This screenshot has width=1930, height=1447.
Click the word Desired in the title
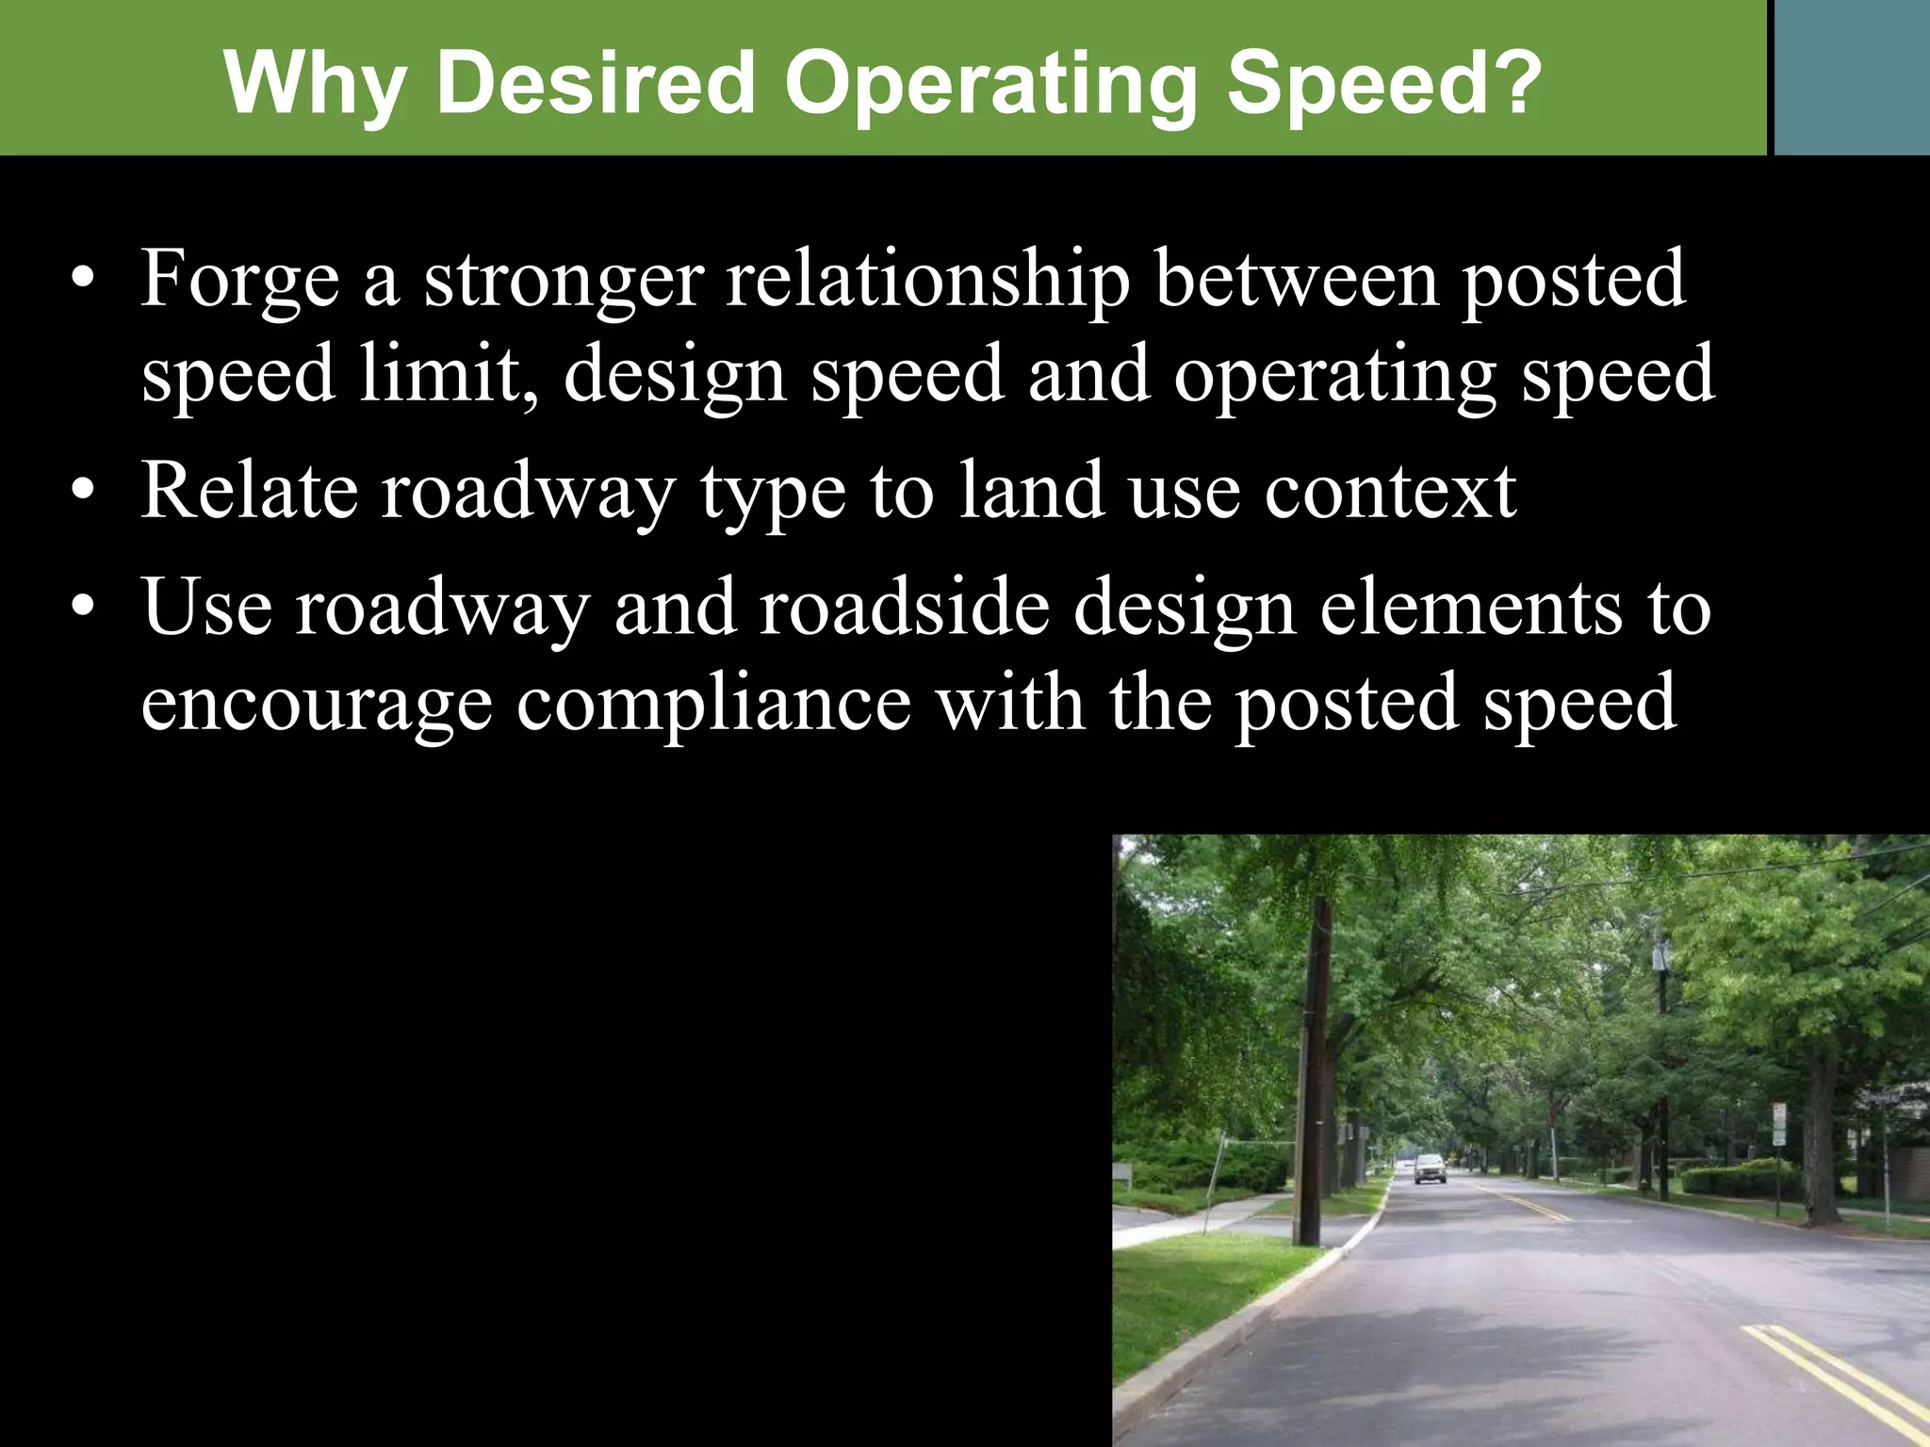(x=596, y=82)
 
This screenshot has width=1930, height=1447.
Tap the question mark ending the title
(x=1509, y=82)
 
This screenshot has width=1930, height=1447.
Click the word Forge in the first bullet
(x=239, y=281)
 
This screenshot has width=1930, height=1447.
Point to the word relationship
(x=927, y=281)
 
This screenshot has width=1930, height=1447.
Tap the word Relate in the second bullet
(x=249, y=491)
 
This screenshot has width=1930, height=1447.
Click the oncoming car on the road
(x=1430, y=1168)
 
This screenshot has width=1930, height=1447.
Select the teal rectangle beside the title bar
(x=1852, y=77)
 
